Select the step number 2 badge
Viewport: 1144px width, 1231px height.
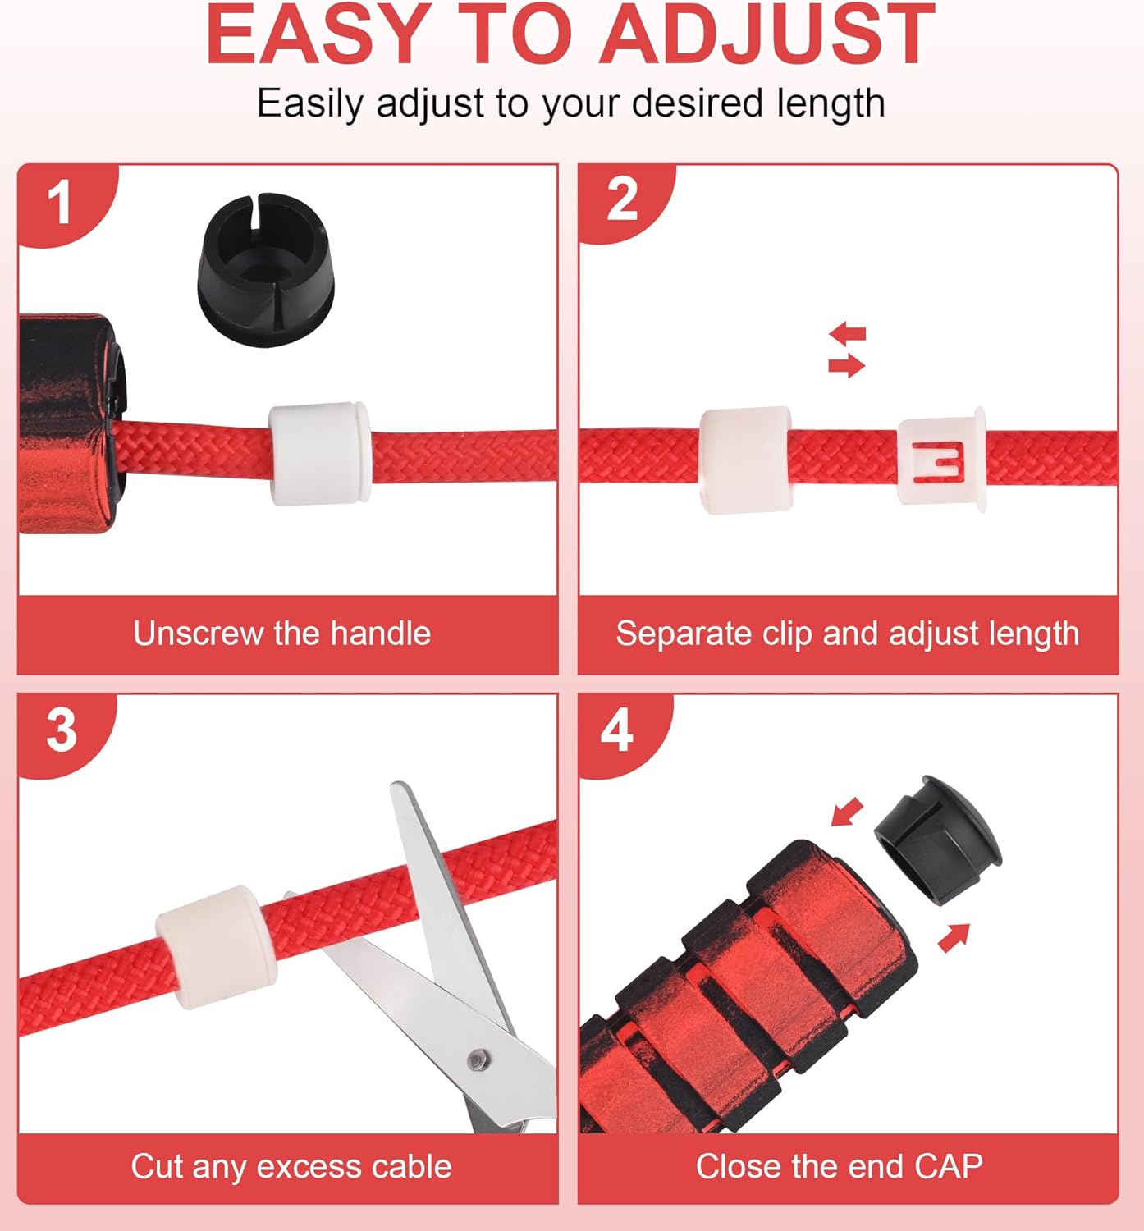(x=622, y=199)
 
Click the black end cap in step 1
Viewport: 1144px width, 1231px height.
(x=266, y=270)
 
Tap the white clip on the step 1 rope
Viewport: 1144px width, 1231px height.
(x=319, y=453)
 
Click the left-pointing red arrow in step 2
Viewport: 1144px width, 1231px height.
(x=848, y=334)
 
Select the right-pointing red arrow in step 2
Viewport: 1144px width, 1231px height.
(x=847, y=365)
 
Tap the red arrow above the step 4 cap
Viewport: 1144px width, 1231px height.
(x=847, y=812)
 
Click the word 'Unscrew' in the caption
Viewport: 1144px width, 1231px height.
(x=199, y=634)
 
